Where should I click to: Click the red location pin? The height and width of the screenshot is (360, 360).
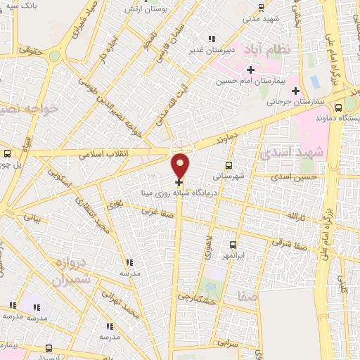pyautogui.click(x=181, y=165)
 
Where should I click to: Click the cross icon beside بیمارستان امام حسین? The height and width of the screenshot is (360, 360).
pyautogui.click(x=250, y=69)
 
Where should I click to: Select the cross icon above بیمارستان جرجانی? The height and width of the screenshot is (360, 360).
pyautogui.click(x=295, y=91)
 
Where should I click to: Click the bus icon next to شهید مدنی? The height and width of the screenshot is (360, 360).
pyautogui.click(x=262, y=8)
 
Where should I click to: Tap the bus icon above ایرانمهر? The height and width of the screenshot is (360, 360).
pyautogui.click(x=233, y=245)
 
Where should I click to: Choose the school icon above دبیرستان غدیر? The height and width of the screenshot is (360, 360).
pyautogui.click(x=210, y=39)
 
